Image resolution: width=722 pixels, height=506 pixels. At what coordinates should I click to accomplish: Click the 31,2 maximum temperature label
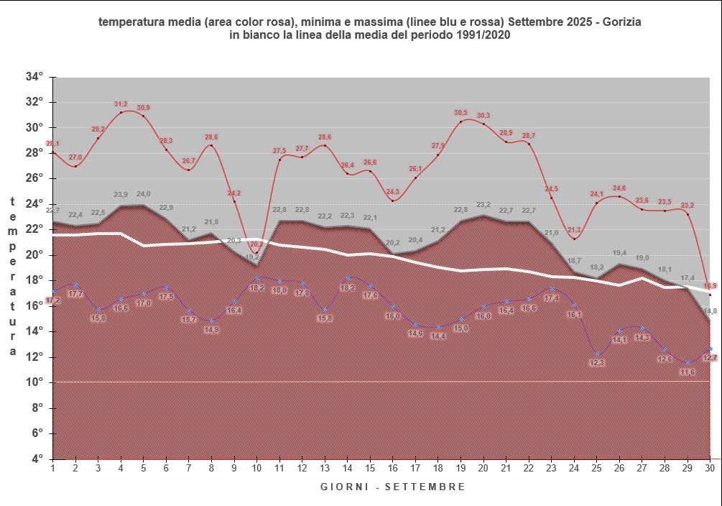click(121, 104)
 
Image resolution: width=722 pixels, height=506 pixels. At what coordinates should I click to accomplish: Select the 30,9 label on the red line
click(144, 108)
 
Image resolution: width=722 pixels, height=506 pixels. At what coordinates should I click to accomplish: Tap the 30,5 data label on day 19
click(460, 113)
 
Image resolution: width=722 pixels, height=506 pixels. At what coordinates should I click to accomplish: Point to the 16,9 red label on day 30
click(710, 286)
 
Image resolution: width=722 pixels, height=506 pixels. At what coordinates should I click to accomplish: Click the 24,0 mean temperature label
click(144, 194)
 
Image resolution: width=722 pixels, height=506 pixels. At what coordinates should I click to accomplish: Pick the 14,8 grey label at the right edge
click(710, 311)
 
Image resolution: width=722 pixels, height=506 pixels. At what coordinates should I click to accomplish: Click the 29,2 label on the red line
click(98, 129)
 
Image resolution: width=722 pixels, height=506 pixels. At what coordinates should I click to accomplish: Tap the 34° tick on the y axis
click(34, 77)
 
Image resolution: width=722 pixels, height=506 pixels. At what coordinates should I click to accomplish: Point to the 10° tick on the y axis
click(34, 382)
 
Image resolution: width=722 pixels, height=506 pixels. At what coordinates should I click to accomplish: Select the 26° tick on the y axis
click(34, 178)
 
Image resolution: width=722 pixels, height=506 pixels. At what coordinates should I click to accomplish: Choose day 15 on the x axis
click(370, 468)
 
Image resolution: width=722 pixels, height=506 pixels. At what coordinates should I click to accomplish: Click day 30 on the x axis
click(710, 468)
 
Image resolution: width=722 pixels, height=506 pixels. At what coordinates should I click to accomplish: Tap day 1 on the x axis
click(53, 468)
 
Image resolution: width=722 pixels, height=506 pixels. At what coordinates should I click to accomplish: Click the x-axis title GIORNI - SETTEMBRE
click(393, 487)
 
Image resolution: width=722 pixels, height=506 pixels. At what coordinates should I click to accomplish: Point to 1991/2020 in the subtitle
click(478, 36)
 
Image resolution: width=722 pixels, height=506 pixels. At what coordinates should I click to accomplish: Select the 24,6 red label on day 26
click(619, 188)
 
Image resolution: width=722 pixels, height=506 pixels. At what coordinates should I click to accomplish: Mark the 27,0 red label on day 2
click(75, 157)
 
